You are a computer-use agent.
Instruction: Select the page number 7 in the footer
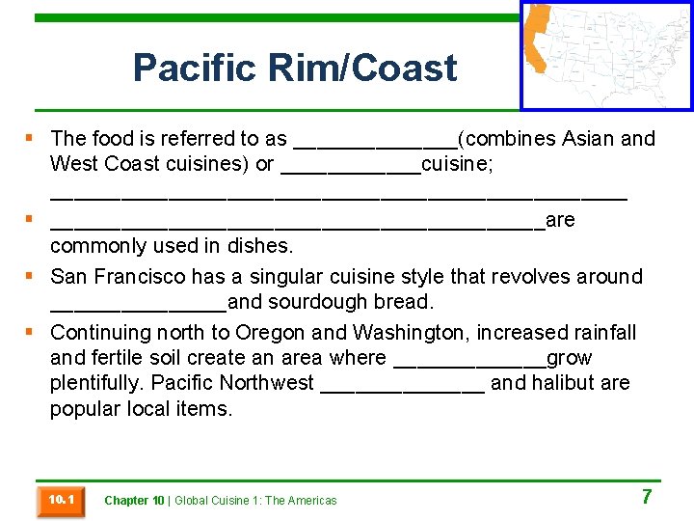[x=647, y=497]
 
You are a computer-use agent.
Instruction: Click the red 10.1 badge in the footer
[x=60, y=500]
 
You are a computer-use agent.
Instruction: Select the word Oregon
[x=270, y=333]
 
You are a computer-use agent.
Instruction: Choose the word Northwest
[x=266, y=383]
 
